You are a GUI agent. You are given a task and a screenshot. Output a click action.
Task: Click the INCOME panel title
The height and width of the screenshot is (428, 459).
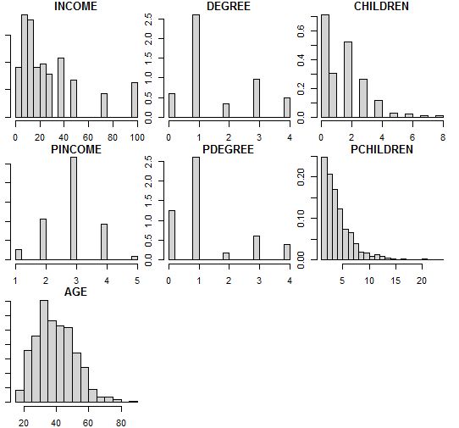click(x=75, y=7)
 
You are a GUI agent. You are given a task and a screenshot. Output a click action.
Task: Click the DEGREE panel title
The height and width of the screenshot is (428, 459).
click(x=228, y=7)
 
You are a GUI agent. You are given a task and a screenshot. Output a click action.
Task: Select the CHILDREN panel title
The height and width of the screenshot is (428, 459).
click(x=381, y=7)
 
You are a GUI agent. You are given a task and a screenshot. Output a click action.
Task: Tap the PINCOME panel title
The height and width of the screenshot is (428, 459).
click(x=75, y=150)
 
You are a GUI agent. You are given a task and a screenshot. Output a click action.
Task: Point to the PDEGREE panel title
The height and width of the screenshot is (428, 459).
click(x=228, y=150)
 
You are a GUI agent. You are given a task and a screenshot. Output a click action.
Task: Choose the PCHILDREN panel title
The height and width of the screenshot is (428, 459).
click(x=381, y=150)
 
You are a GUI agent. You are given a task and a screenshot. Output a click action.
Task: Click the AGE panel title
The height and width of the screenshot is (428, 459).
click(x=75, y=292)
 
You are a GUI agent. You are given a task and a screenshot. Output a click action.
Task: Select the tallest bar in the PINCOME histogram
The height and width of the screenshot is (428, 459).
click(x=74, y=208)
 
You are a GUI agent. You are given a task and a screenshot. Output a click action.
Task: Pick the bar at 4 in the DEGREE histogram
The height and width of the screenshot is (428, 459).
click(x=286, y=108)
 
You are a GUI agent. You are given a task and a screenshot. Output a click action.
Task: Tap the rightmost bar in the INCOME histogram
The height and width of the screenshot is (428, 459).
click(x=134, y=99)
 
